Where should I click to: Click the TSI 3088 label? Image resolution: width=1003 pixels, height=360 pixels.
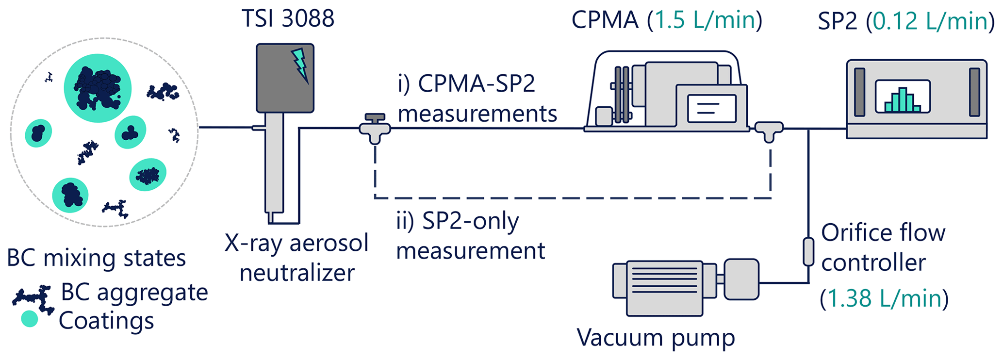click(x=288, y=18)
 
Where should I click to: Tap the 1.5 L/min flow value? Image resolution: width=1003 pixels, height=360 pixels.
click(x=705, y=20)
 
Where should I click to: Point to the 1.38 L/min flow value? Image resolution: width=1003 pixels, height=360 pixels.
click(x=884, y=298)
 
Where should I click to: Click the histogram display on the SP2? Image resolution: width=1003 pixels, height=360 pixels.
click(x=902, y=97)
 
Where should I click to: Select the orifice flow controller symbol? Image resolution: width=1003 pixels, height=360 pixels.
click(x=808, y=251)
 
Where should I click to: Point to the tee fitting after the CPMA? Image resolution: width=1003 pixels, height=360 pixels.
click(x=769, y=131)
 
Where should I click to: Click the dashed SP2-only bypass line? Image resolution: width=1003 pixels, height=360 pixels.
click(x=573, y=198)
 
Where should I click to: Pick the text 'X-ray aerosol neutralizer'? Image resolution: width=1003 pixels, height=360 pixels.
click(x=297, y=258)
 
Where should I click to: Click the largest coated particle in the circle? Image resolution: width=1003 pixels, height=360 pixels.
click(x=98, y=88)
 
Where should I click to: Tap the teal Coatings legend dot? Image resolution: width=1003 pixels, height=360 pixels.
click(x=30, y=318)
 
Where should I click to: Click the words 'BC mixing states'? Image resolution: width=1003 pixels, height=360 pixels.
click(x=96, y=258)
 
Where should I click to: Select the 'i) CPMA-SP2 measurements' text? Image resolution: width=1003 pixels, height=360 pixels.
click(x=477, y=98)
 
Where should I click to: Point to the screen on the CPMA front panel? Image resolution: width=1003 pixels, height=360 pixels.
click(x=711, y=108)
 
